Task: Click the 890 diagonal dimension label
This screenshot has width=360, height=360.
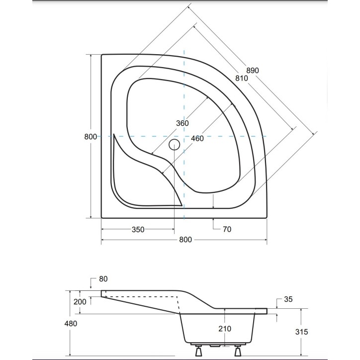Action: (x=252, y=71)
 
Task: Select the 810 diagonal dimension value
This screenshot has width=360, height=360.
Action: (x=242, y=78)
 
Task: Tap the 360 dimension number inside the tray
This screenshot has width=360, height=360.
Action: (x=182, y=123)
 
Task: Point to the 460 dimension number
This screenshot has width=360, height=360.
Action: (x=197, y=139)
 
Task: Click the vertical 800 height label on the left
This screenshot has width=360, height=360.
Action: (x=90, y=137)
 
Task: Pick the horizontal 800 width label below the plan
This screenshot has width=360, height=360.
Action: (x=184, y=240)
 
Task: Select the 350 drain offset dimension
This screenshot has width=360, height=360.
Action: (x=138, y=229)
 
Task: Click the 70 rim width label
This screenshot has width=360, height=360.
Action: (x=227, y=229)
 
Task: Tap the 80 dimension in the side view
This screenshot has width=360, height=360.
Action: (x=103, y=279)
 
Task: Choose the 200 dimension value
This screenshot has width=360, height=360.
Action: (x=80, y=302)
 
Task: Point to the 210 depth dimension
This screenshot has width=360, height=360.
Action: (x=225, y=329)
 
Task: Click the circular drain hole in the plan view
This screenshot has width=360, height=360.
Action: (x=174, y=145)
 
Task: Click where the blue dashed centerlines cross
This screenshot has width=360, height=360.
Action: (x=184, y=136)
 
